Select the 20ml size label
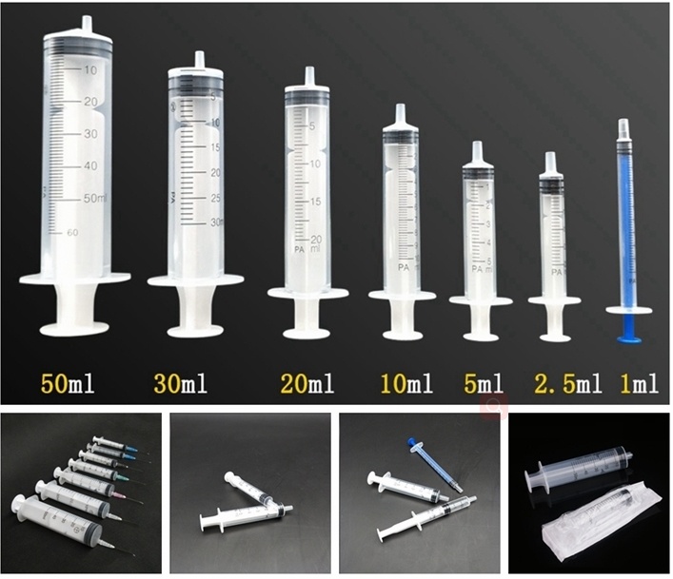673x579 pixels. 307,385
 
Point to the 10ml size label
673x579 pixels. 406,385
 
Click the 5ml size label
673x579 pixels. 483,385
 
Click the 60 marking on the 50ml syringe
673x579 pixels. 72,231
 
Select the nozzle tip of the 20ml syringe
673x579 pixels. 308,73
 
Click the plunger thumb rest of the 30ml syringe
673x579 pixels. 195,331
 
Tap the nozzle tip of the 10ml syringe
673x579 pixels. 401,110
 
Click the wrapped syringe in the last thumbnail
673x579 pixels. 590,523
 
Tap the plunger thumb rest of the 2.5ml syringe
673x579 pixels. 554,336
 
